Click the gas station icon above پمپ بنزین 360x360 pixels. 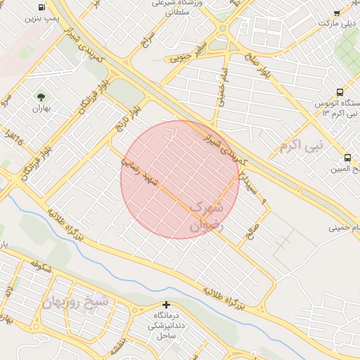click(42, 6)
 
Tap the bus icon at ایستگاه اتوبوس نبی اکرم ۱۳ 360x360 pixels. click(340, 92)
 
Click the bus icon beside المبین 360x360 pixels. click(347, 157)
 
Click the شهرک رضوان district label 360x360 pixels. click(205, 217)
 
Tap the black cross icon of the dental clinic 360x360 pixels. click(166, 304)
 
